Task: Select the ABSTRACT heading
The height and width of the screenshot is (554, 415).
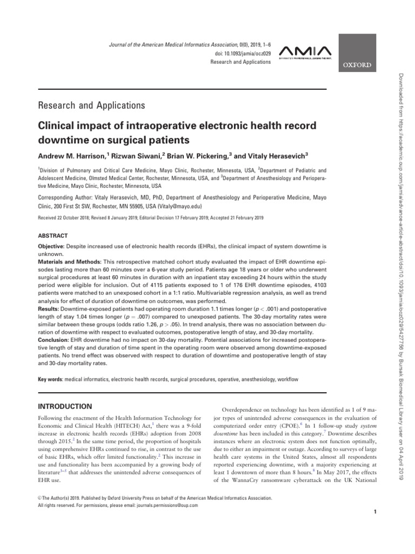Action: [52, 236]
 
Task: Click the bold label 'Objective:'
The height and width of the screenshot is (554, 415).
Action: [52, 246]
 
